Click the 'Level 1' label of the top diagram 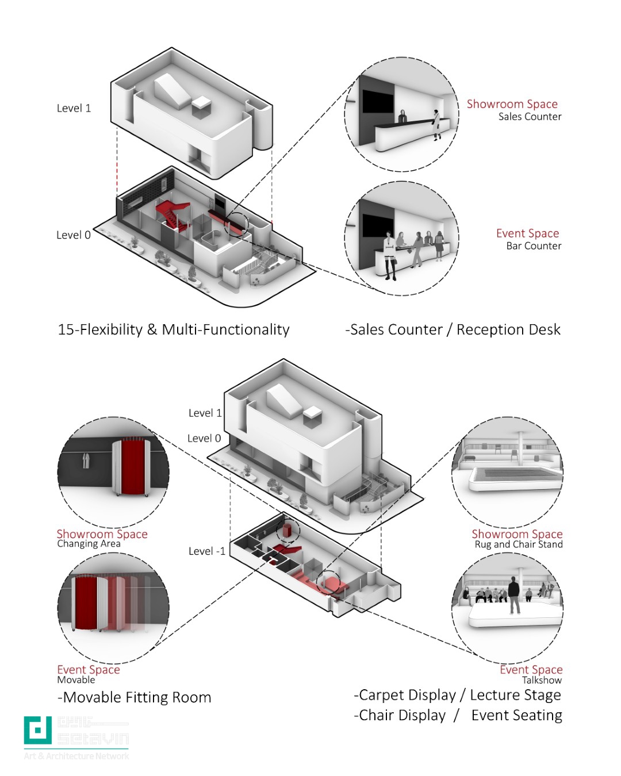click(x=74, y=108)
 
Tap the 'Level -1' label click(x=207, y=551)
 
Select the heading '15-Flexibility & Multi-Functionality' click(x=174, y=329)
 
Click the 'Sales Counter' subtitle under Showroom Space click(x=530, y=117)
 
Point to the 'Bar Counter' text click(x=534, y=246)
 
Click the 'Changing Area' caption click(x=89, y=544)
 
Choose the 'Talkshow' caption click(x=542, y=680)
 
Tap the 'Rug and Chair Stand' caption click(x=519, y=544)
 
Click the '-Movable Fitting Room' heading click(x=135, y=697)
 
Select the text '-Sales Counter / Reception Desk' click(x=453, y=329)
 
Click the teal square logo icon click(x=38, y=730)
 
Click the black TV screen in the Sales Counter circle click(x=377, y=101)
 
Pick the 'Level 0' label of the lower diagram click(x=204, y=439)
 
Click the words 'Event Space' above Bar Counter click(x=527, y=233)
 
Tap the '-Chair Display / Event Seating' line click(x=458, y=716)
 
